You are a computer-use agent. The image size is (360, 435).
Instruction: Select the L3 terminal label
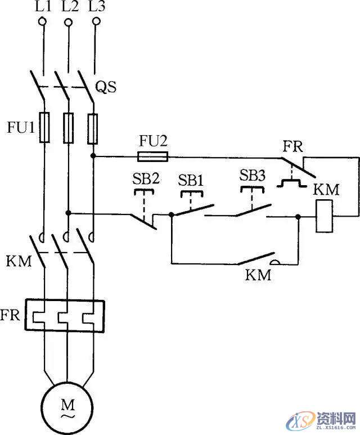pyautogui.click(x=97, y=8)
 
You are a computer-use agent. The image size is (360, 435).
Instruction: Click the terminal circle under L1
pyautogui.click(x=42, y=22)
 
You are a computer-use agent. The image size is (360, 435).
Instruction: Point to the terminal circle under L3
pyautogui.click(x=96, y=22)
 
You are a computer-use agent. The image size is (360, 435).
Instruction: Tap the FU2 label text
pyautogui.click(x=153, y=140)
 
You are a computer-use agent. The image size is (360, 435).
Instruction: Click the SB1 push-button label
pyautogui.click(x=191, y=180)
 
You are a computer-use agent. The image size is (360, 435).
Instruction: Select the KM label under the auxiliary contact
pyautogui.click(x=258, y=276)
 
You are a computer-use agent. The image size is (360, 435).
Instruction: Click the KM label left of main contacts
pyautogui.click(x=19, y=261)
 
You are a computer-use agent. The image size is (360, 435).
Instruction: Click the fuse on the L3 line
pyautogui.click(x=94, y=127)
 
